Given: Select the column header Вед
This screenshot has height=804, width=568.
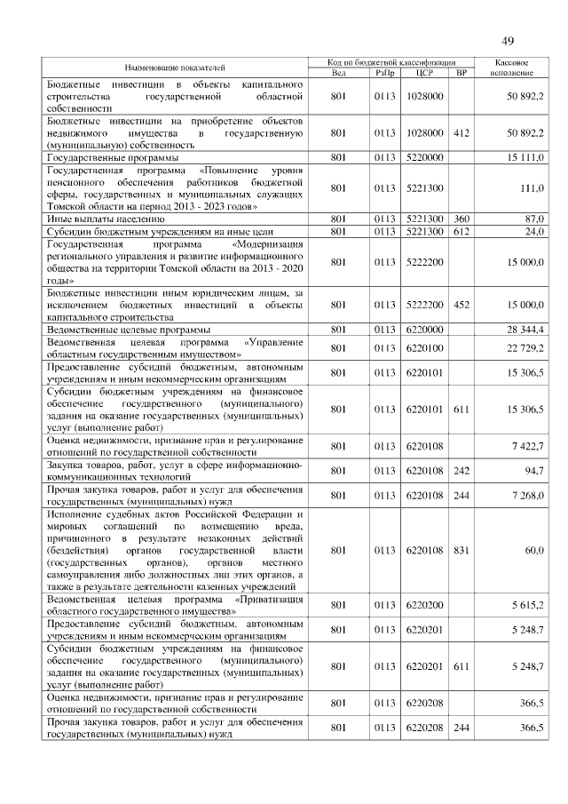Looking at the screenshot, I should pos(338,73).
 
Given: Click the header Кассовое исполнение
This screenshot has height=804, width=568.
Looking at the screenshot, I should pos(512,68).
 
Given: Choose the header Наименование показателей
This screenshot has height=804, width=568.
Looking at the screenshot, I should pos(175,68).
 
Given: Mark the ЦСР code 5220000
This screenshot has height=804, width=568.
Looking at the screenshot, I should pos(423,157).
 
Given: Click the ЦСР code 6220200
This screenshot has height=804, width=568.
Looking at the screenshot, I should pos(423,605).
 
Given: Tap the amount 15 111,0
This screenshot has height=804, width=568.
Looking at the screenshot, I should pos(525,157).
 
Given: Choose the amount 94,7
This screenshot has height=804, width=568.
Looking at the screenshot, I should pos(533,470).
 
